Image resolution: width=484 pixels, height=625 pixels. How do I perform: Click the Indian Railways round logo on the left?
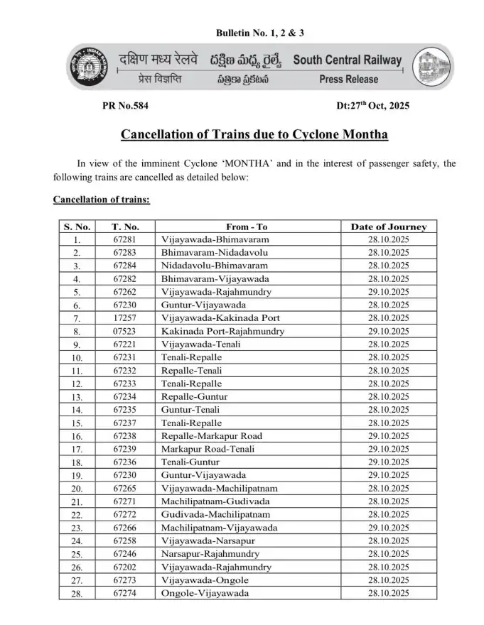tap(87, 67)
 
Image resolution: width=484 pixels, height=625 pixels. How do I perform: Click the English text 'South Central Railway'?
tap(348, 60)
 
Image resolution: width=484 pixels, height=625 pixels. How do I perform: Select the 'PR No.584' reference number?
tap(127, 106)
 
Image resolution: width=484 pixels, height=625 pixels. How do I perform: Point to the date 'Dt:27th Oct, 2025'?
tap(374, 106)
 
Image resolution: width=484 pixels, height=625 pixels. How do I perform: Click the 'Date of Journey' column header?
tap(389, 227)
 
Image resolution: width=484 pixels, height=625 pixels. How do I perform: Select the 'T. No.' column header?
tap(124, 227)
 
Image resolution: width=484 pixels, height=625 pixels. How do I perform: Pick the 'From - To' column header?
tap(247, 227)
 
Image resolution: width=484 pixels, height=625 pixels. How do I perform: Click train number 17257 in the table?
tap(124, 318)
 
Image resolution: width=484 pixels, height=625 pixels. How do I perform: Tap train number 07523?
tap(124, 332)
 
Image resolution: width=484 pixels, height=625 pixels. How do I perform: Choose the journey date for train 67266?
tap(389, 528)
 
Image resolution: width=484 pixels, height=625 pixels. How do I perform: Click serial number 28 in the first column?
tap(77, 594)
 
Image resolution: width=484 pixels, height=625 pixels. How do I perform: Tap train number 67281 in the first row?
tap(124, 240)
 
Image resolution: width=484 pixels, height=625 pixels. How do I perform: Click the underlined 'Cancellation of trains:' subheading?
tap(102, 200)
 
